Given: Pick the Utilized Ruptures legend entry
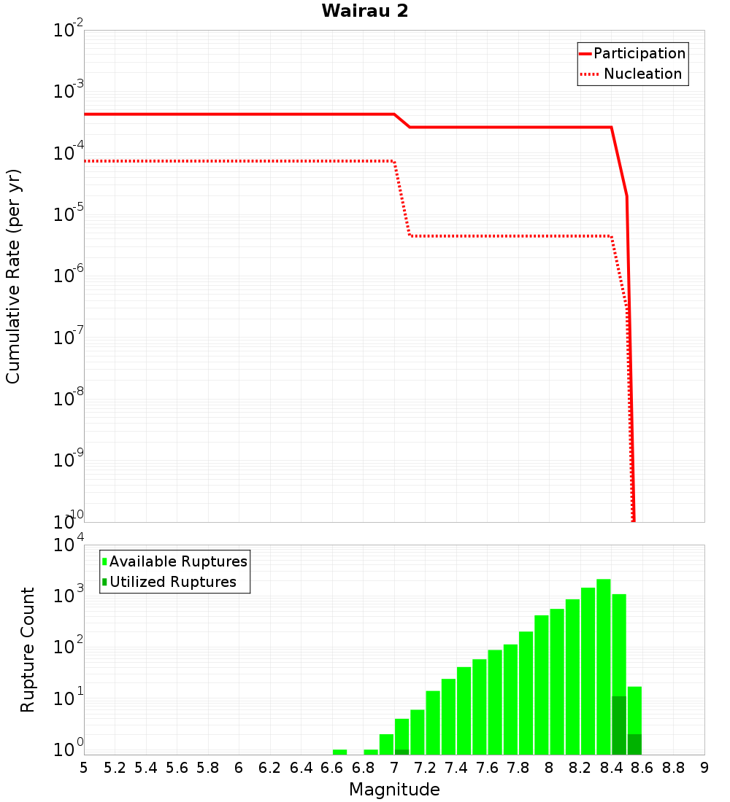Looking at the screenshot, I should pyautogui.click(x=172, y=582).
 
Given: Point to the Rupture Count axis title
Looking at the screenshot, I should pyautogui.click(x=28, y=650).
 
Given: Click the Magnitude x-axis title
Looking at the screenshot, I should pyautogui.click(x=394, y=790).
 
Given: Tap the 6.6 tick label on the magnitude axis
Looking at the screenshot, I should pyautogui.click(x=332, y=768).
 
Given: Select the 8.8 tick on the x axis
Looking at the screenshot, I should pyautogui.click(x=673, y=768).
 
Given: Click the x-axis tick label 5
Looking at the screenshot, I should pyautogui.click(x=84, y=768).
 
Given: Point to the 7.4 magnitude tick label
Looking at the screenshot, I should pyautogui.click(x=456, y=768).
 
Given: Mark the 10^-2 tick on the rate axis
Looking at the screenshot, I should pyautogui.click(x=69, y=31).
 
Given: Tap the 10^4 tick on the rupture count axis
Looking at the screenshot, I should pyautogui.click(x=69, y=545).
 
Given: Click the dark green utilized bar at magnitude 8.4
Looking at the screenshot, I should pyautogui.click(x=619, y=725).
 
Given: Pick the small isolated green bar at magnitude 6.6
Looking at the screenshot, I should pyautogui.click(x=339, y=752).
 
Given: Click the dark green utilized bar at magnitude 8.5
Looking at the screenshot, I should pyautogui.click(x=634, y=744).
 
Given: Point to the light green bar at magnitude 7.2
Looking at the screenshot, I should pyautogui.click(x=433, y=722).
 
